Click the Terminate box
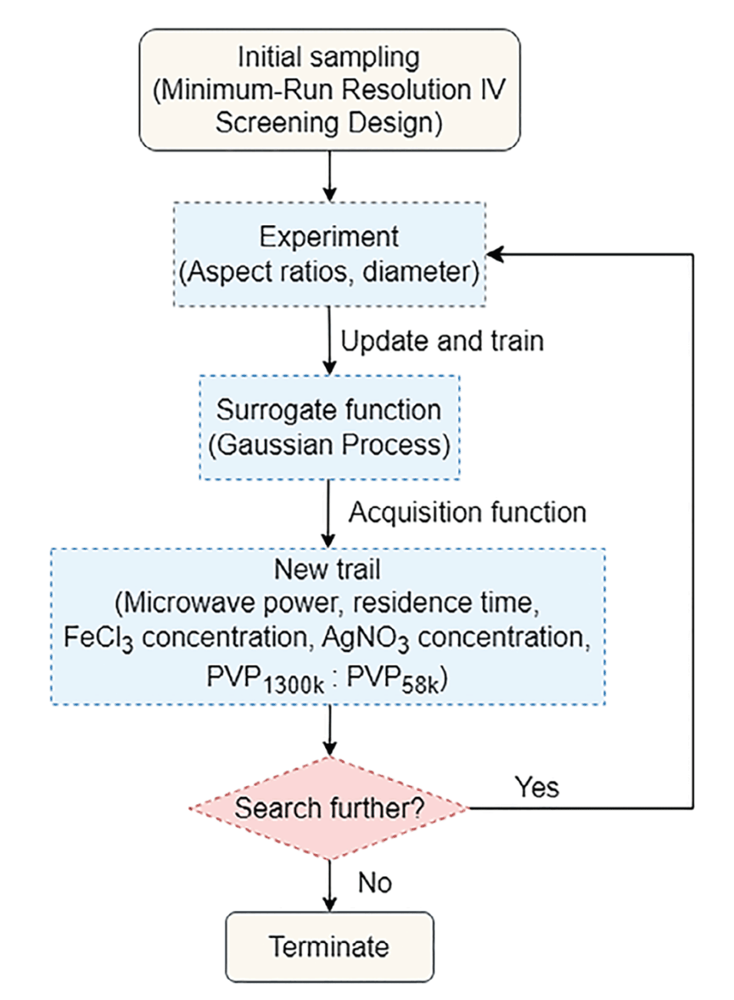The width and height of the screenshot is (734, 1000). [x=329, y=946]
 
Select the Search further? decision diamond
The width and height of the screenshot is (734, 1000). [x=329, y=808]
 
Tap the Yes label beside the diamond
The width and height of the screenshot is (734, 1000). [x=536, y=787]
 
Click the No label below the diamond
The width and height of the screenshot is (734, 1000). [x=374, y=882]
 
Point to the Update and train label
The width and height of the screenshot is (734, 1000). [x=442, y=341]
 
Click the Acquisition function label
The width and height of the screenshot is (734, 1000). [x=467, y=512]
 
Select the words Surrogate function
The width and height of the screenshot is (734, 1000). [x=329, y=410]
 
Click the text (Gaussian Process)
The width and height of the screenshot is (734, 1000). [x=329, y=445]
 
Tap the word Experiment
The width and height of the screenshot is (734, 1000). [x=329, y=236]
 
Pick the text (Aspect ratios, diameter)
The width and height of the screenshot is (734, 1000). [x=329, y=271]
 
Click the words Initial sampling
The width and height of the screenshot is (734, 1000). [x=329, y=57]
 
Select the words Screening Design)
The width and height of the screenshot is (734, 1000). [x=329, y=123]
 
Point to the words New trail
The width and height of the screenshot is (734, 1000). [x=327, y=569]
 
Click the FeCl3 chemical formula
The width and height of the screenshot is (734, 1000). [x=98, y=638]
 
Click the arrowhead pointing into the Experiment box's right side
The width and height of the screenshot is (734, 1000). [x=494, y=254]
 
